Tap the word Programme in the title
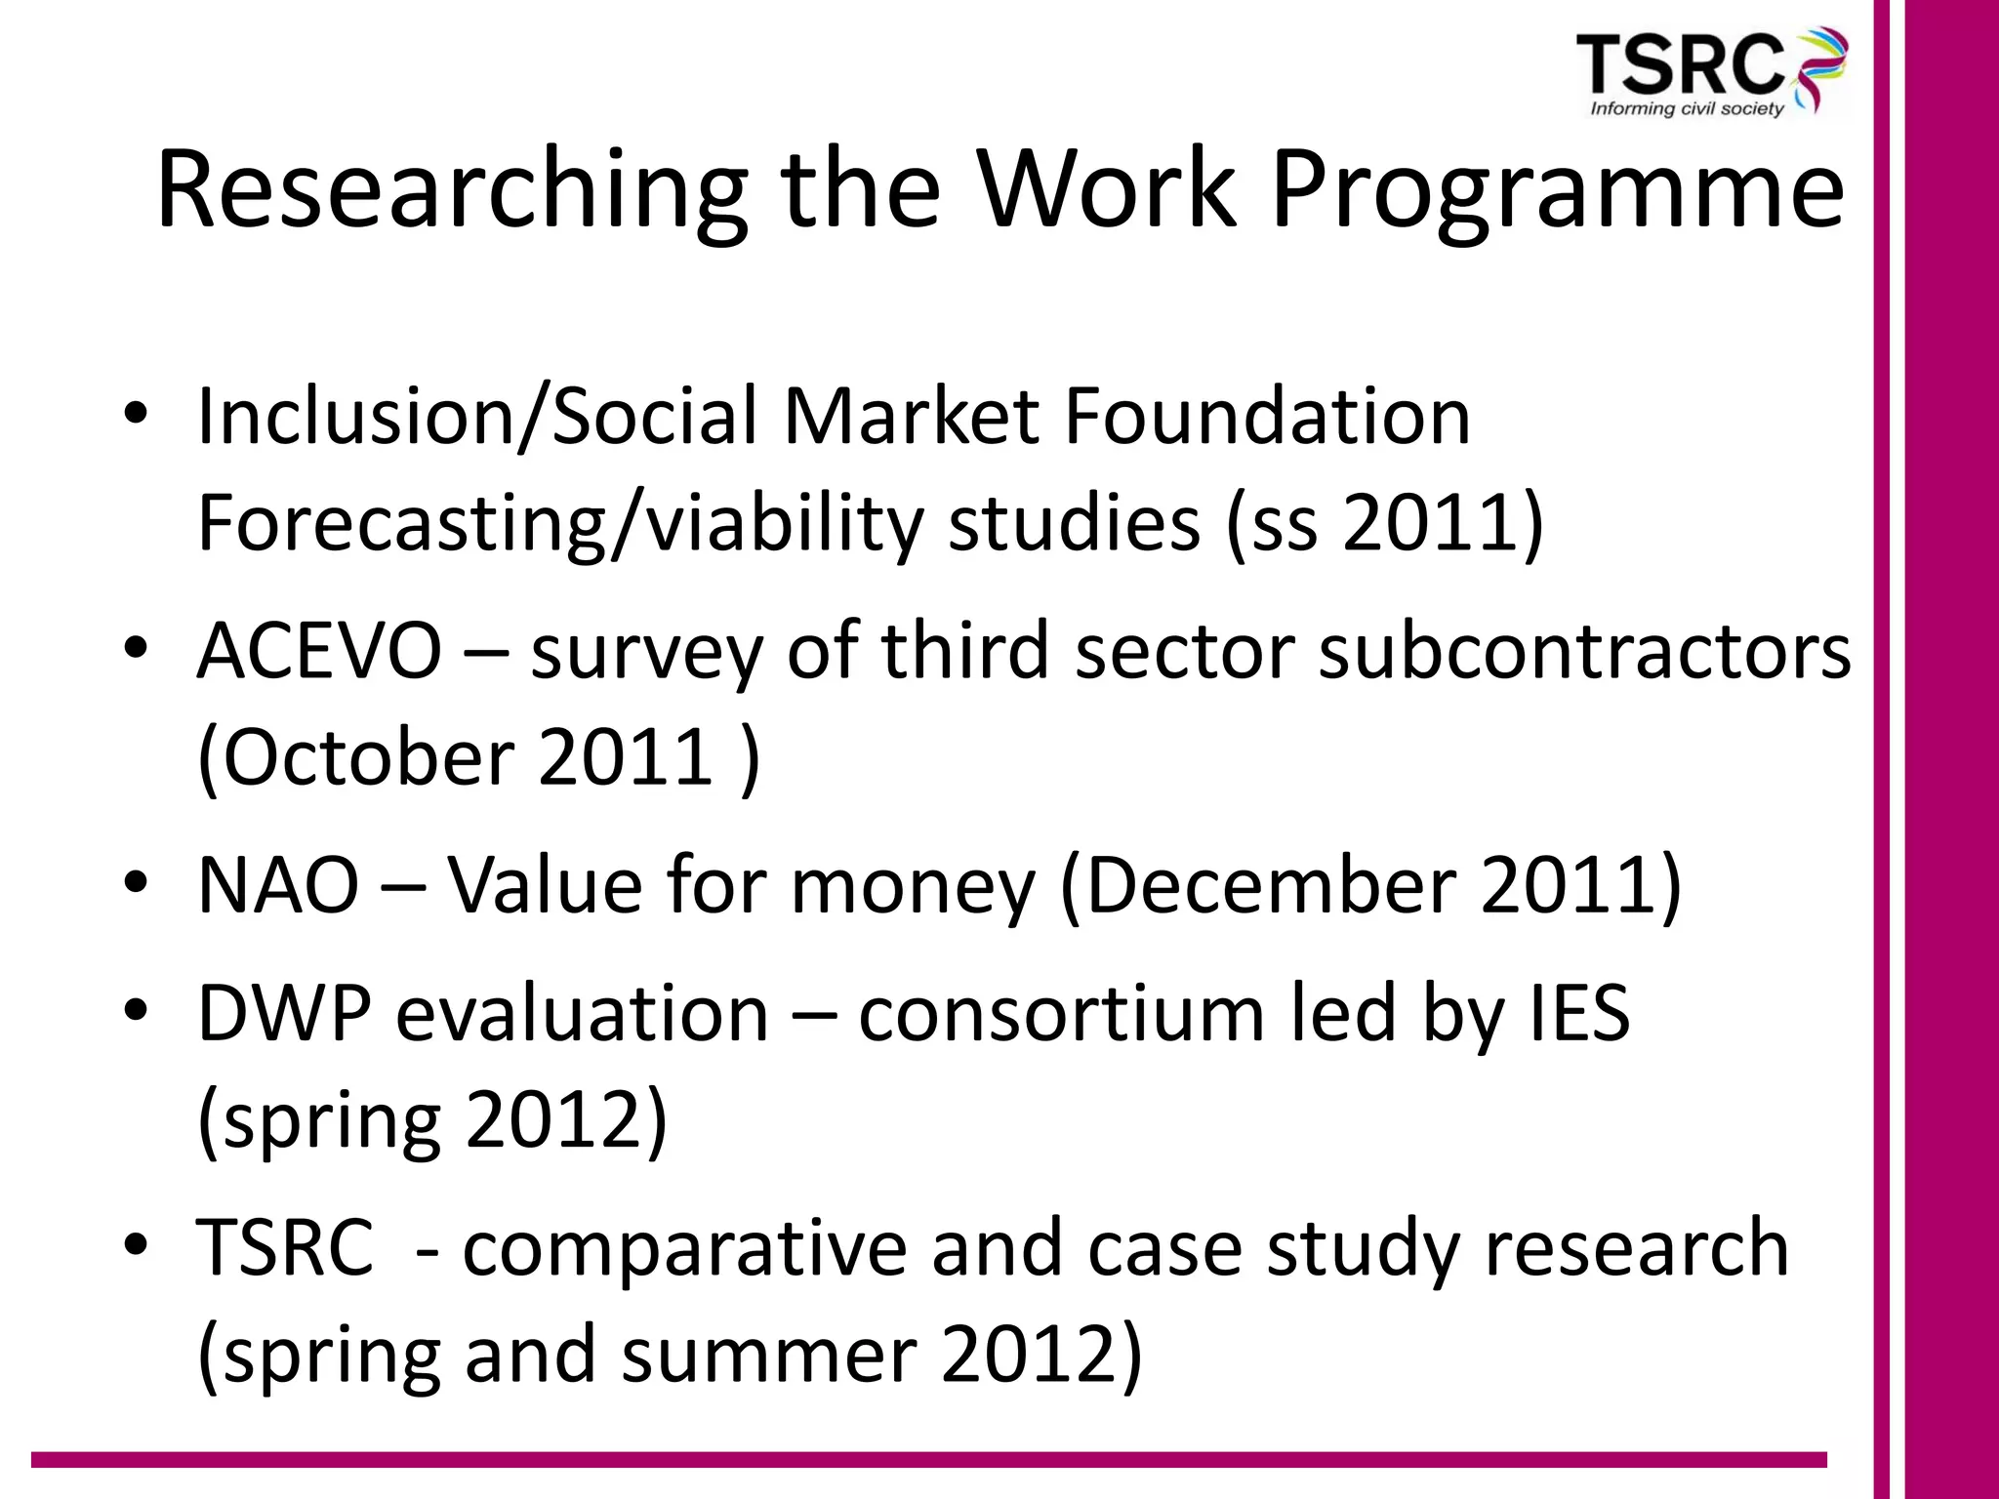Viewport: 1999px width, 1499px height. click(x=1558, y=189)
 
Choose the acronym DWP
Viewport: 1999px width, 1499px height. click(x=284, y=1013)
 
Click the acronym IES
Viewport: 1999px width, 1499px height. click(x=1578, y=1013)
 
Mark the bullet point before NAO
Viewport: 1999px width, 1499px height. click(x=136, y=884)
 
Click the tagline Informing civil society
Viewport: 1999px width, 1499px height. click(x=1687, y=108)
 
